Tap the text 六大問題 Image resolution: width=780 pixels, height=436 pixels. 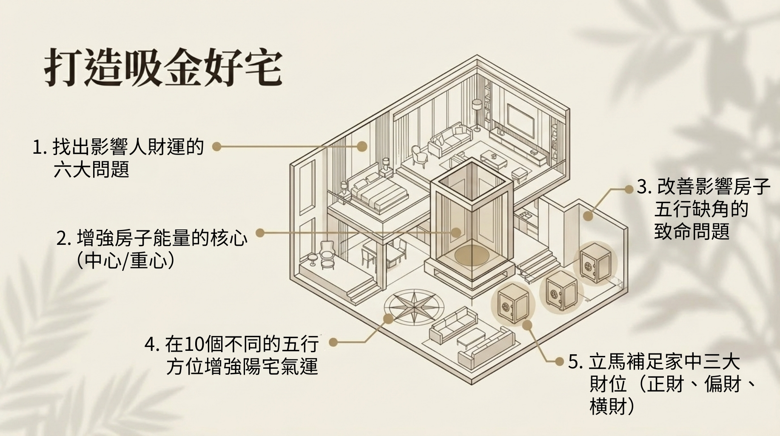click(91, 170)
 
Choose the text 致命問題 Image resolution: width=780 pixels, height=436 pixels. click(692, 231)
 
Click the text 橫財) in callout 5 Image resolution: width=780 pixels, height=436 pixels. click(612, 406)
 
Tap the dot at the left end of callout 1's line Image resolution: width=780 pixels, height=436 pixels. click(217, 147)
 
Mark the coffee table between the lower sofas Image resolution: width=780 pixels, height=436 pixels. click(471, 340)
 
